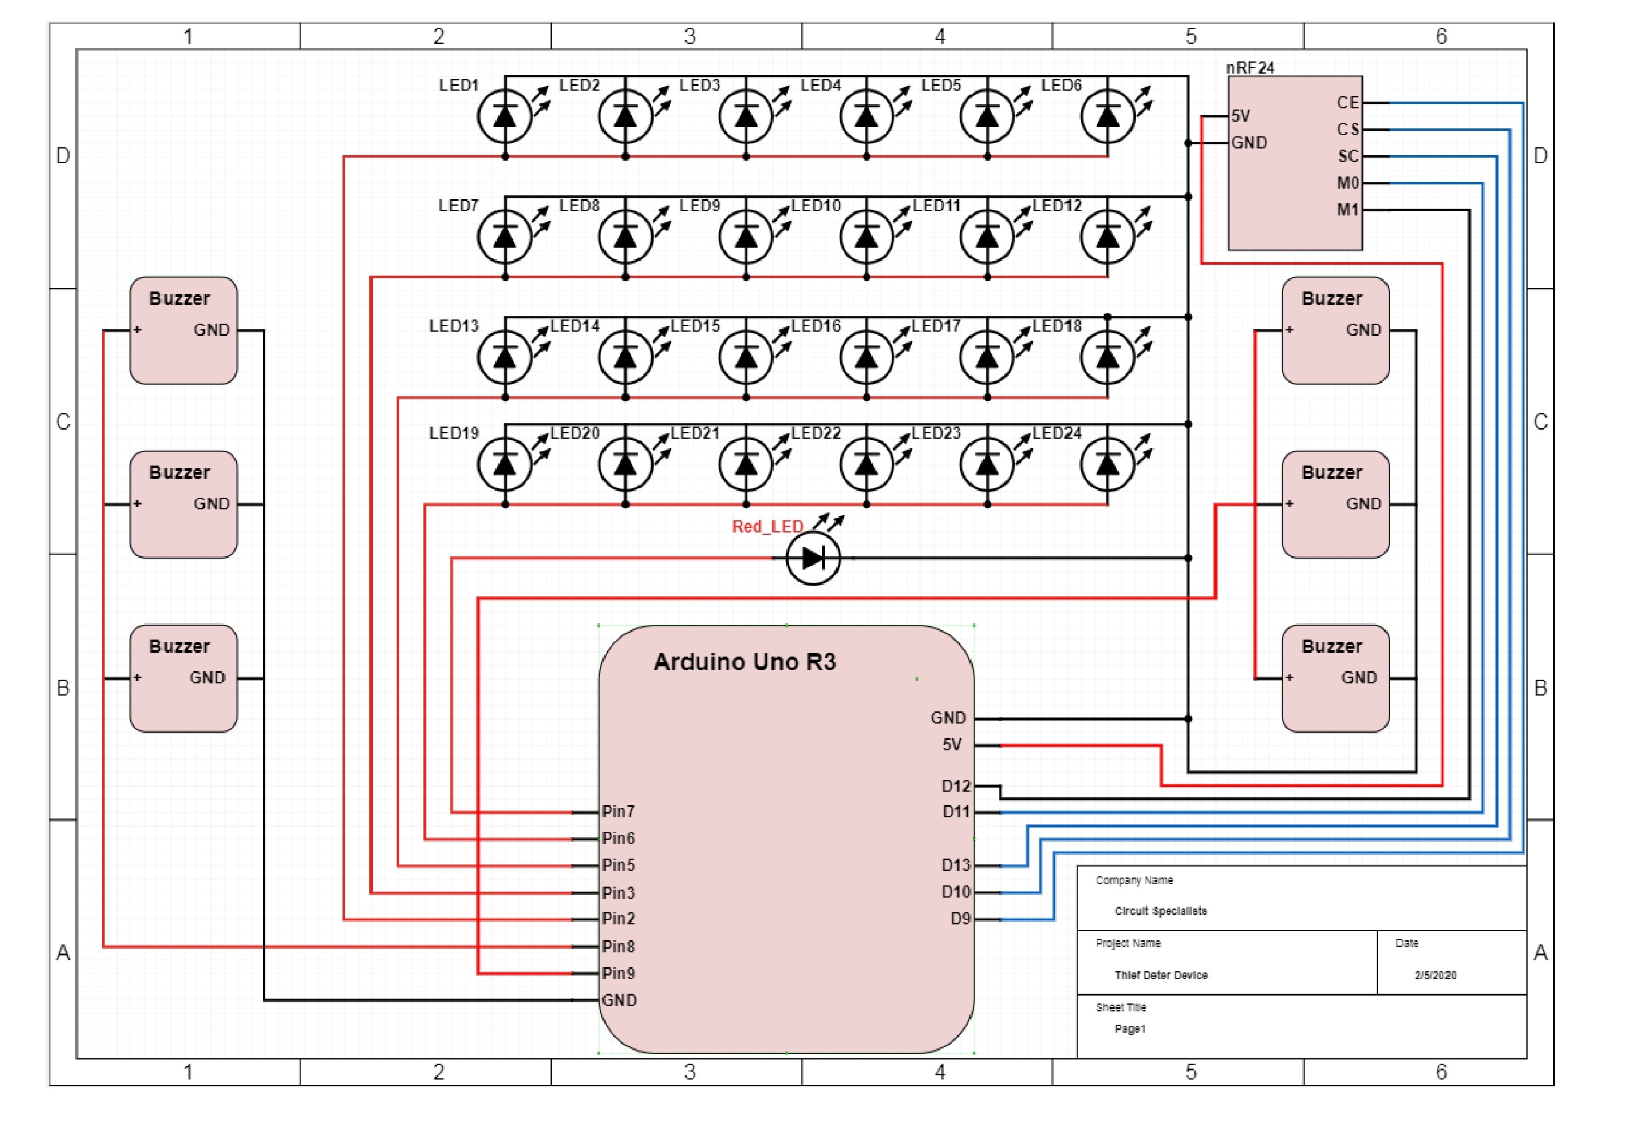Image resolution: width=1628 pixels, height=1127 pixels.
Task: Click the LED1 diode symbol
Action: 504,116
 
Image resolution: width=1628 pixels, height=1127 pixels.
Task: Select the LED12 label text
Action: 1056,206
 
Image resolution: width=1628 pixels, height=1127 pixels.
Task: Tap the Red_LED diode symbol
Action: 813,558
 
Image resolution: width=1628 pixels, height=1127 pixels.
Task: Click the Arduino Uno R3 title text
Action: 744,661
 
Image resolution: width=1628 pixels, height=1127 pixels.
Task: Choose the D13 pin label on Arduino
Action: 955,865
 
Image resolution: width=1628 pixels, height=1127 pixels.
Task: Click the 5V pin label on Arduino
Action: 951,745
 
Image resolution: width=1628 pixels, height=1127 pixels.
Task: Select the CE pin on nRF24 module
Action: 1347,103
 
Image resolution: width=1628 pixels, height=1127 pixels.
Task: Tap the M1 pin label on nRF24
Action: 1347,210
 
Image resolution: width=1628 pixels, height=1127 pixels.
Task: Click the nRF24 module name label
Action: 1250,68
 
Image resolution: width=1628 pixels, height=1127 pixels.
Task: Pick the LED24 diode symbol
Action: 1107,464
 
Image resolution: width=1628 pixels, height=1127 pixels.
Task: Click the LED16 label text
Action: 815,326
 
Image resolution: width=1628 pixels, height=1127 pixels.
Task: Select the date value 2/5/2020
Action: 1435,975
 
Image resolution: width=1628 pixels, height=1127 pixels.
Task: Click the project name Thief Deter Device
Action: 1161,975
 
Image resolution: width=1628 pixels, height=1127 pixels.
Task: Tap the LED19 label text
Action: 453,433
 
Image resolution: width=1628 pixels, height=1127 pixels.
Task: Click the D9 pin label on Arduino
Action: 960,919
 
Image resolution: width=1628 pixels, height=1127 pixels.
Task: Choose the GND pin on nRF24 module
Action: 1249,142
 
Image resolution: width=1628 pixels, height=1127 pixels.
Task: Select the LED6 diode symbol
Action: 1107,116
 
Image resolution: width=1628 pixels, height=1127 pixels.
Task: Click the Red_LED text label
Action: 767,527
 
